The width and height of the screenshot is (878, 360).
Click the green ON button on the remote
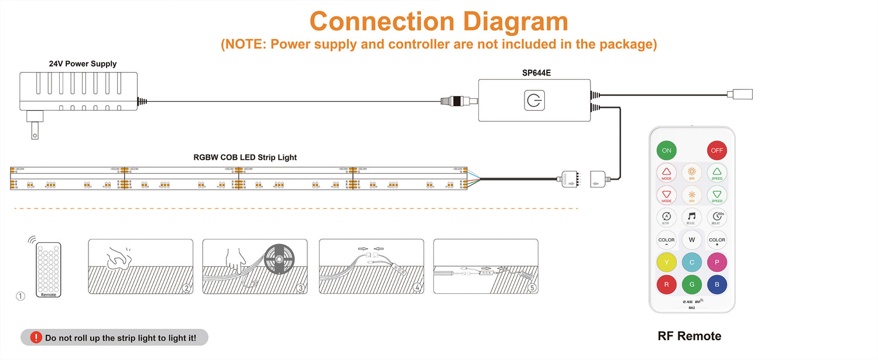(666, 150)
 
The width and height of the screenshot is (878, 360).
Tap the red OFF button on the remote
(716, 150)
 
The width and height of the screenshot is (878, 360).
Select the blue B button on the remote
(716, 285)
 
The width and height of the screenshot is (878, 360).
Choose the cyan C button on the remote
(691, 262)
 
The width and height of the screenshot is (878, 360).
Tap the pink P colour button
(716, 262)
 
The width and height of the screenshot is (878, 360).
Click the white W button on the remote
(691, 240)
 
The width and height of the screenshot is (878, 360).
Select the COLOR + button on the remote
(716, 240)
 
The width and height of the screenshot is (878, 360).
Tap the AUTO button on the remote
(666, 218)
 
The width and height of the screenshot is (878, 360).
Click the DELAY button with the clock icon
(716, 218)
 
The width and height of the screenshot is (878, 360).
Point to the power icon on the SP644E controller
(534, 101)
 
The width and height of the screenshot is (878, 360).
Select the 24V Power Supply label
(83, 64)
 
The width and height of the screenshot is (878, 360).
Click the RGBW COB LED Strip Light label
(245, 157)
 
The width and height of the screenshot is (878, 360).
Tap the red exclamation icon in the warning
(36, 337)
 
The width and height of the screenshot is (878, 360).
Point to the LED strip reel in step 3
(279, 259)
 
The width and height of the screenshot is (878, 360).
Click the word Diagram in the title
(515, 22)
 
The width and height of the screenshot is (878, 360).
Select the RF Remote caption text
(690, 336)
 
